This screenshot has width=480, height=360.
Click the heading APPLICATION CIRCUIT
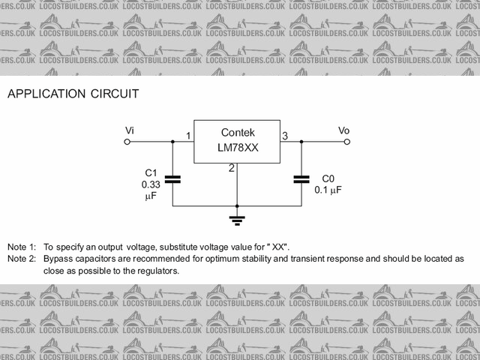(x=73, y=94)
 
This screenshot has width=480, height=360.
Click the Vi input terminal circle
(x=128, y=141)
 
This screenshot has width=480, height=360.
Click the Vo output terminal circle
(x=346, y=141)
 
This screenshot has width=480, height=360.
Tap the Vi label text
(x=129, y=130)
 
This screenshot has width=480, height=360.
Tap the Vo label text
(x=343, y=130)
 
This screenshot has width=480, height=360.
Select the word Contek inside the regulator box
(x=237, y=132)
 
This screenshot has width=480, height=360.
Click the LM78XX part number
(x=237, y=148)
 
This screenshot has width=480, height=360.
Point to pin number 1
(x=188, y=136)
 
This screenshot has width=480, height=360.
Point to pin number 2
(x=232, y=168)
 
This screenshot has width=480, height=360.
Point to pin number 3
(x=284, y=136)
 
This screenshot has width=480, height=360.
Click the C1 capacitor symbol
(x=172, y=179)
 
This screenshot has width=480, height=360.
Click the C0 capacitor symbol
(x=301, y=179)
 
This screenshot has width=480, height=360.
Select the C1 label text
(x=151, y=172)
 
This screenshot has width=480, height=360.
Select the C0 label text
(x=328, y=178)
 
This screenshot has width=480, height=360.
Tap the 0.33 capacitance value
(x=151, y=184)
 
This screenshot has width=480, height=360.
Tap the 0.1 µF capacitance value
(x=328, y=190)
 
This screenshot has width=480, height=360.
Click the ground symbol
(x=237, y=220)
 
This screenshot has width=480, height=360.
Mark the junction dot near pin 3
(x=301, y=141)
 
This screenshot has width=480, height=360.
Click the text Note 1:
(x=22, y=247)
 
